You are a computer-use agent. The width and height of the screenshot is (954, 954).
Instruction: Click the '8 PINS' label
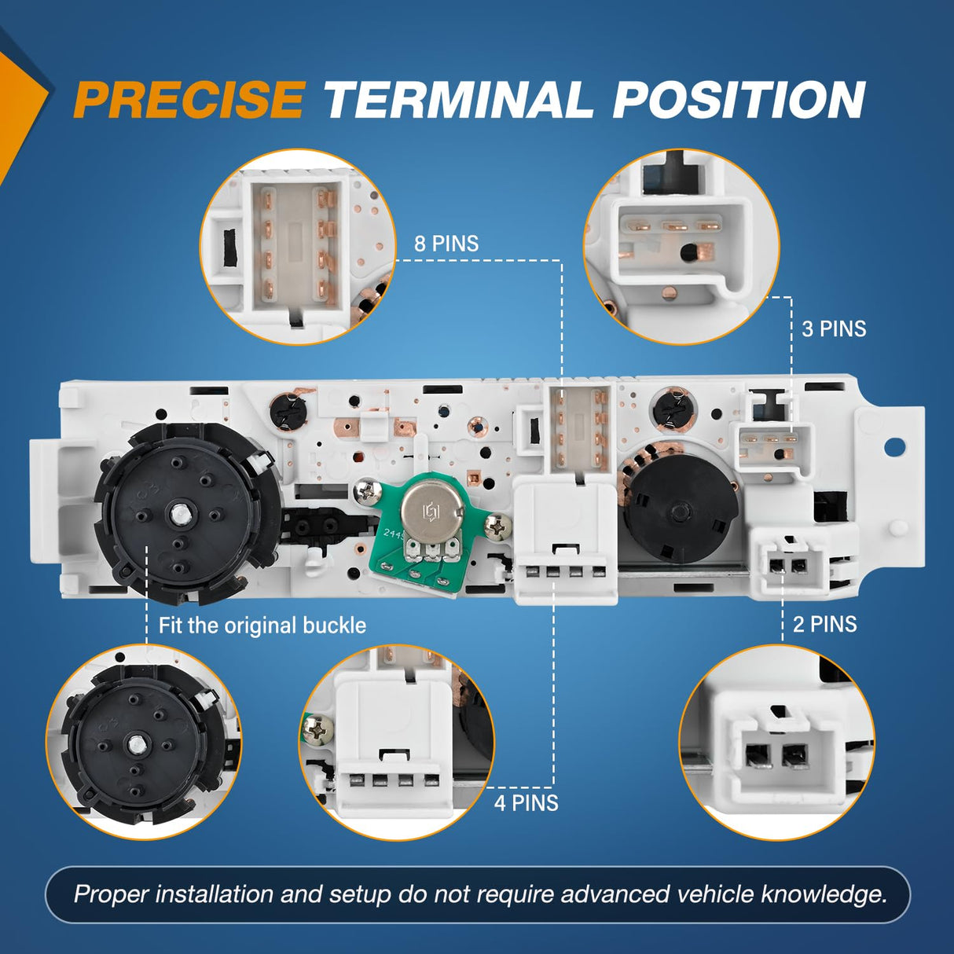446,244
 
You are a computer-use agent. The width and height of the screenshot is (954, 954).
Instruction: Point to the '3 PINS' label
834,328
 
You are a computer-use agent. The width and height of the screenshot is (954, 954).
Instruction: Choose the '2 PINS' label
825,624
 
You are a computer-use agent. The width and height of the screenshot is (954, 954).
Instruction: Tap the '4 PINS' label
526,802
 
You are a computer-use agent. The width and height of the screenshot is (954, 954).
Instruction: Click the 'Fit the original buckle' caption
262,626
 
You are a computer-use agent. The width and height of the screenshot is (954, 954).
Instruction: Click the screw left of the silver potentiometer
367,493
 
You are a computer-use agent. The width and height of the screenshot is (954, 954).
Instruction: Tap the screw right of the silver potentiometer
498,526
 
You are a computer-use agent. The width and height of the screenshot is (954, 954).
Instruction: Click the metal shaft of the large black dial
178,515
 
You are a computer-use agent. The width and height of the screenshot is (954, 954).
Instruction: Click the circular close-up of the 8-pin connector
298,248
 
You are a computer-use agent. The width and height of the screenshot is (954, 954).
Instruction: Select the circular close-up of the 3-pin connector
682,247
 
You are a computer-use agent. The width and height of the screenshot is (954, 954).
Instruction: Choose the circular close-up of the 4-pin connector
397,743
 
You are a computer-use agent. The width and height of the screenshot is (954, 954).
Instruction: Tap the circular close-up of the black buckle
144,743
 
